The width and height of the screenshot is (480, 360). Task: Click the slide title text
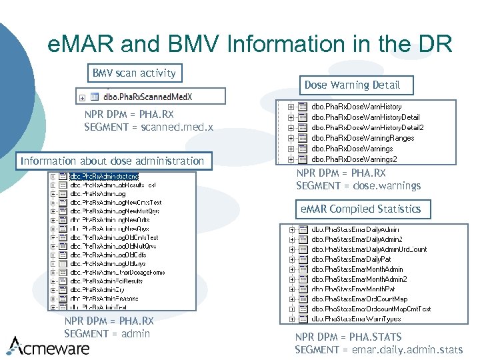click(x=250, y=44)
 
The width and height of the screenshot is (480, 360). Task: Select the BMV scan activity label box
click(x=134, y=73)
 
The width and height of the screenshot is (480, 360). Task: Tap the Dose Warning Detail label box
click(x=352, y=85)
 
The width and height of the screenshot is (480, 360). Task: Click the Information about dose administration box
click(x=112, y=161)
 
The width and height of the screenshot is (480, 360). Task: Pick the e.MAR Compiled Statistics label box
click(x=361, y=209)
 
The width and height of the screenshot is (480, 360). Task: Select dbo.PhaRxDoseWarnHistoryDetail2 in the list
click(x=367, y=127)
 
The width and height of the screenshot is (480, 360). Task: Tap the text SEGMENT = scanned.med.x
click(x=149, y=127)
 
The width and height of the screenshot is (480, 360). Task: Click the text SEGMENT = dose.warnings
click(x=358, y=185)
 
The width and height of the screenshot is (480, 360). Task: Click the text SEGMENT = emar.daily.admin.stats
click(x=379, y=349)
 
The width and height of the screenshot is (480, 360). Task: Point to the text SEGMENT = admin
click(x=107, y=333)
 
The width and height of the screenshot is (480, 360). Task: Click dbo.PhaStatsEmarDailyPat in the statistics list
click(x=351, y=259)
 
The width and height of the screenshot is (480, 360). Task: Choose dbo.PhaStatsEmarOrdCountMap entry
click(x=359, y=299)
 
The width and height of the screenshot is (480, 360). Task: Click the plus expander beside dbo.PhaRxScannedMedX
click(x=82, y=97)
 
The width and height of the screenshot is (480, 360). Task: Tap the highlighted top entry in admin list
click(x=108, y=177)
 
